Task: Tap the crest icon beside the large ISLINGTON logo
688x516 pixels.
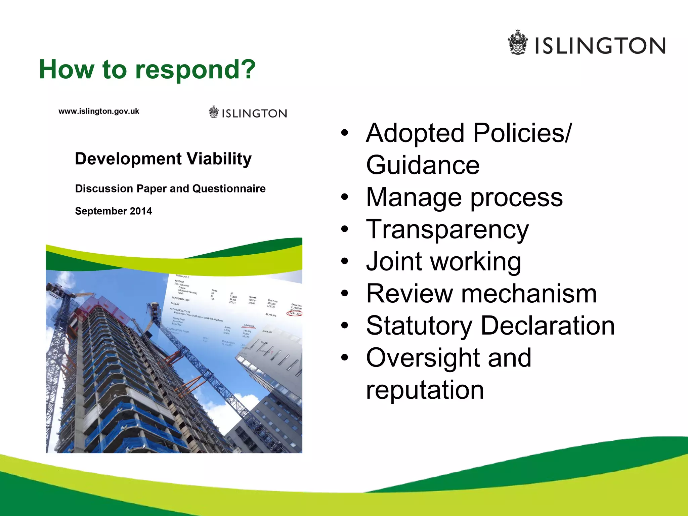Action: (518, 42)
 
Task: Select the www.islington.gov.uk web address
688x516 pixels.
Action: (99, 112)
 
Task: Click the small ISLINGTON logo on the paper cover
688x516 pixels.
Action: (248, 113)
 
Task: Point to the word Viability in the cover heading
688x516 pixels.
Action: (219, 159)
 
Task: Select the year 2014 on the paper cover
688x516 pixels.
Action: (141, 211)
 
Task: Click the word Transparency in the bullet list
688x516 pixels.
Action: (447, 230)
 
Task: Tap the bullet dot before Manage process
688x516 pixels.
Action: (345, 197)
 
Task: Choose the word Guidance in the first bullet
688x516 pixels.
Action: (423, 165)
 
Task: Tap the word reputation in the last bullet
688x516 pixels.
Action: (425, 390)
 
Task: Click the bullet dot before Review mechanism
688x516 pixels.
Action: (345, 294)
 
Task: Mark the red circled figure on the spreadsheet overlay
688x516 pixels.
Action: (295, 313)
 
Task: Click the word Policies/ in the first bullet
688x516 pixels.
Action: (522, 133)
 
